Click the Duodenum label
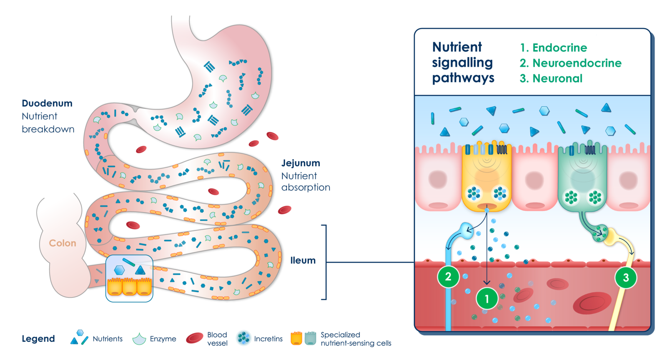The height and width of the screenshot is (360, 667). pyautogui.click(x=47, y=103)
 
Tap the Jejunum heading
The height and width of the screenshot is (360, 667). pyautogui.click(x=301, y=163)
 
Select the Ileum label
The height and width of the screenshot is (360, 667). pyautogui.click(x=303, y=261)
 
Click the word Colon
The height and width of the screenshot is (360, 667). pyautogui.click(x=63, y=243)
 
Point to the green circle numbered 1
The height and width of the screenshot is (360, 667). pyautogui.click(x=486, y=299)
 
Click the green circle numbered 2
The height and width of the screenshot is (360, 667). pyautogui.click(x=448, y=277)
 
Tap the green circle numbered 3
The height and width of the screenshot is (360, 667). pyautogui.click(x=626, y=277)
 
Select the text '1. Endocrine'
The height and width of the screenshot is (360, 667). pyautogui.click(x=553, y=48)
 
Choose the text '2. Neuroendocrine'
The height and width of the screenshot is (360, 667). pyautogui.click(x=570, y=63)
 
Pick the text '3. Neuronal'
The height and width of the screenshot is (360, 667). pyautogui.click(x=551, y=79)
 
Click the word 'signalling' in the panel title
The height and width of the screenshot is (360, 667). pyautogui.click(x=462, y=63)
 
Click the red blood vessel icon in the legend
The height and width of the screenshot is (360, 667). pyautogui.click(x=194, y=338)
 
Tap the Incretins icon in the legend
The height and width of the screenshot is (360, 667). pyautogui.click(x=244, y=338)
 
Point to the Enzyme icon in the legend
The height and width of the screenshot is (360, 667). pyautogui.click(x=139, y=339)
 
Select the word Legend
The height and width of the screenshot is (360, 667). pyautogui.click(x=38, y=339)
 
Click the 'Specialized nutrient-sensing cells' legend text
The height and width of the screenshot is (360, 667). pyautogui.click(x=356, y=339)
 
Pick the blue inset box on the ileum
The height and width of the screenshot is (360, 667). pyautogui.click(x=129, y=278)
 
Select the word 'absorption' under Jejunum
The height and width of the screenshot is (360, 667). pyautogui.click(x=306, y=187)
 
